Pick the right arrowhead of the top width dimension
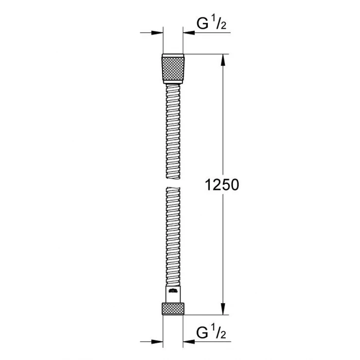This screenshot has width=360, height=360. tap(187, 33)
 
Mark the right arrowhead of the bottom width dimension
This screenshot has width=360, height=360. tap(187, 342)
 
